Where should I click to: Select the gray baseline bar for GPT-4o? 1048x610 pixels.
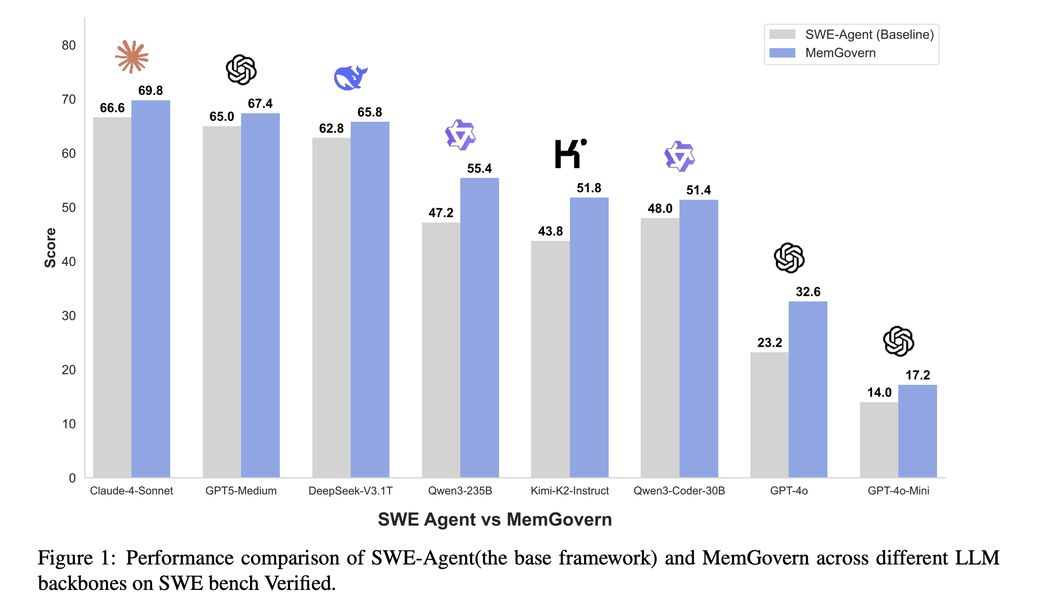(770, 415)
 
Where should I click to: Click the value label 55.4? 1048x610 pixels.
(479, 169)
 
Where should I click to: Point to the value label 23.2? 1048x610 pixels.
(770, 342)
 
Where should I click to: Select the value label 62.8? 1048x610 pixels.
(331, 128)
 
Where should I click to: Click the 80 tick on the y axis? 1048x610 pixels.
(69, 45)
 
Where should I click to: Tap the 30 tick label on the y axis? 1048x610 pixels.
(69, 316)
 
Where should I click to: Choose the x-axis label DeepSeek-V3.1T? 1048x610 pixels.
(351, 490)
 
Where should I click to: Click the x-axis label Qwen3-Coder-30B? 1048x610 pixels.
(679, 490)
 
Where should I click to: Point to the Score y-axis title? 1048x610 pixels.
(50, 247)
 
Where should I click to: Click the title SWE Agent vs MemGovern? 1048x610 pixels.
(495, 519)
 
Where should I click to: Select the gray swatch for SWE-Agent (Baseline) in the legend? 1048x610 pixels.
(782, 34)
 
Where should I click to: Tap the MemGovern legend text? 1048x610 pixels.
(840, 53)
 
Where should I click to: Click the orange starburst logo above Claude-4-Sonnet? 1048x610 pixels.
(131, 57)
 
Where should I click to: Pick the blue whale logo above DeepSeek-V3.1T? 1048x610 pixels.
(351, 78)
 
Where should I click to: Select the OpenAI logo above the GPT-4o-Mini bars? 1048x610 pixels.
(899, 341)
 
